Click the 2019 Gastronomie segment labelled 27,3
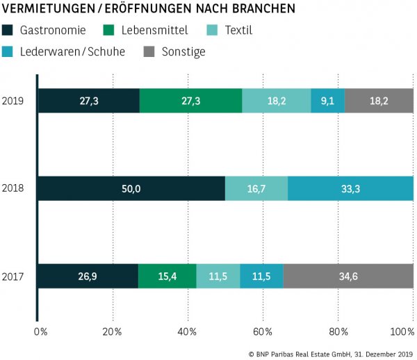click(88, 101)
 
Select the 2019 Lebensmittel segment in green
click(190, 101)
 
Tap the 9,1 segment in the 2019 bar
click(327, 101)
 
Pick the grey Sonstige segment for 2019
click(379, 101)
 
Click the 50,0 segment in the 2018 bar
click(131, 188)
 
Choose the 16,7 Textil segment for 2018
click(256, 188)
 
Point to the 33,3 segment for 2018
click(350, 188)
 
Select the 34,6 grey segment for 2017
click(347, 276)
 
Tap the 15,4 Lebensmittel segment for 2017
click(167, 276)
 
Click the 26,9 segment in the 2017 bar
click(88, 276)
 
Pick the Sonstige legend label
click(183, 51)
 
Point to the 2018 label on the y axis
click(13, 188)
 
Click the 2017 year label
click(13, 276)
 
